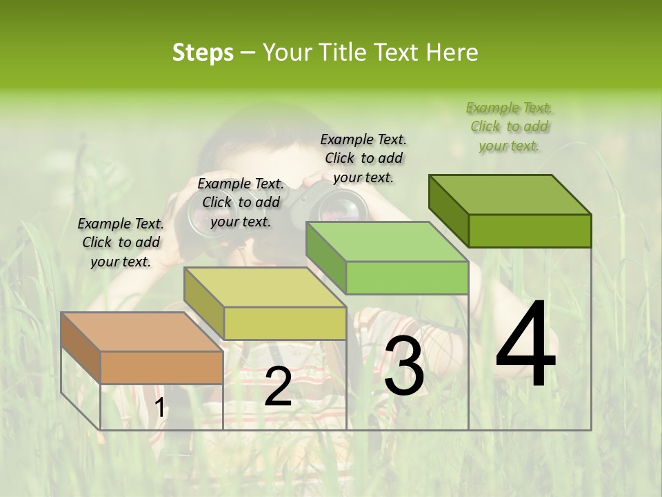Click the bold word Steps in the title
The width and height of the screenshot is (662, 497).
point(203,52)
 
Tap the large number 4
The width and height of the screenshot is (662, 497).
point(525,345)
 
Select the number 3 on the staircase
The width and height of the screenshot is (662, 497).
point(403,368)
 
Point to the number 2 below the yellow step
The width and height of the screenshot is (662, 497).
point(278,387)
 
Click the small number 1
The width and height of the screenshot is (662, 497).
point(159,408)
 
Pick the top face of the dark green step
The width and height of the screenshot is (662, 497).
point(510,195)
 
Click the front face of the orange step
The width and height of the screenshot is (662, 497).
point(161,367)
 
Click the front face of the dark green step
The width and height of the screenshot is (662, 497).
point(530,231)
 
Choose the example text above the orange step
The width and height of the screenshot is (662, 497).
point(121,242)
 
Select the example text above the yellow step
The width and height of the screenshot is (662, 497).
point(241,202)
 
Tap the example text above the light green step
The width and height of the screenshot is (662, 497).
point(363,158)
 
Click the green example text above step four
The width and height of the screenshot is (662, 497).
point(510,126)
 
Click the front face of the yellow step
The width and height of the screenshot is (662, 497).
point(285,323)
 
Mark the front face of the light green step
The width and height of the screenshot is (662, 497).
point(407,277)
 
